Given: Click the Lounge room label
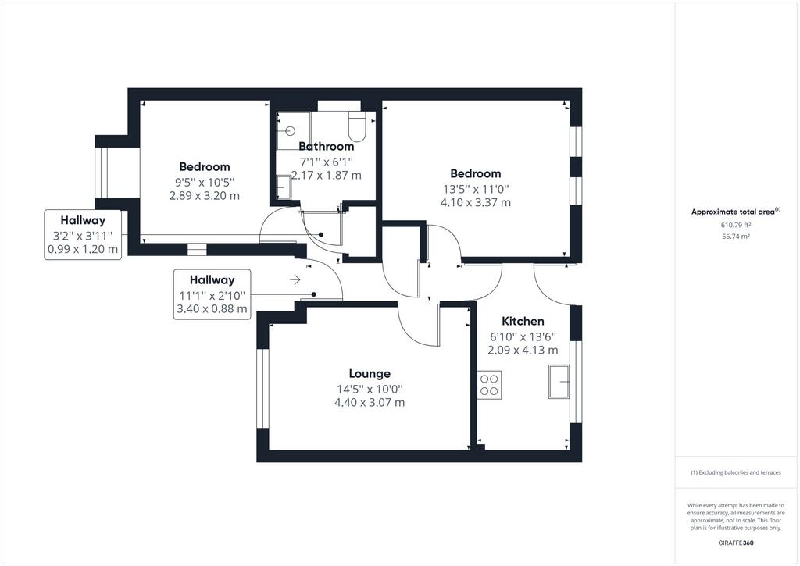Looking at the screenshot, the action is [x=370, y=374].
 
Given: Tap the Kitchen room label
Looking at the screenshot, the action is [x=523, y=321].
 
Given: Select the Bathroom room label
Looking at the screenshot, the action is [x=326, y=146].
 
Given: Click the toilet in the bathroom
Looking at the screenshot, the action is [x=356, y=127].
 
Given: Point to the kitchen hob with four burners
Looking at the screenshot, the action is [x=489, y=385].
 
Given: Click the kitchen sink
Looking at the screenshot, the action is [x=559, y=381].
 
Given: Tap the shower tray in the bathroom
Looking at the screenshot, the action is [x=294, y=131].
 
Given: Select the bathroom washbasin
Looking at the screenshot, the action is [x=284, y=187].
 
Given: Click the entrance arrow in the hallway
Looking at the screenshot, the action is [x=295, y=279].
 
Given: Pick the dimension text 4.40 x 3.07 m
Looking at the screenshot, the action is [x=370, y=402].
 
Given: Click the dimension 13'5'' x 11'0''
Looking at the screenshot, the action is [x=476, y=189].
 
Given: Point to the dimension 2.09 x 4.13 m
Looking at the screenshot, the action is [x=523, y=351].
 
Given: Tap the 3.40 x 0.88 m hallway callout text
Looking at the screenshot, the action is [x=212, y=308].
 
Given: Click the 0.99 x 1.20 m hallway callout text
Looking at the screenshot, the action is [x=83, y=249].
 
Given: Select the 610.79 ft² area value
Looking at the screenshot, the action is [x=736, y=225].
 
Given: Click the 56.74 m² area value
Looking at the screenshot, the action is [x=736, y=237].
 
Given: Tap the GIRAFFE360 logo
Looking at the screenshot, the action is [x=736, y=543].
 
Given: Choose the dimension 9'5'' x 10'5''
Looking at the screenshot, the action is [x=205, y=183].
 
